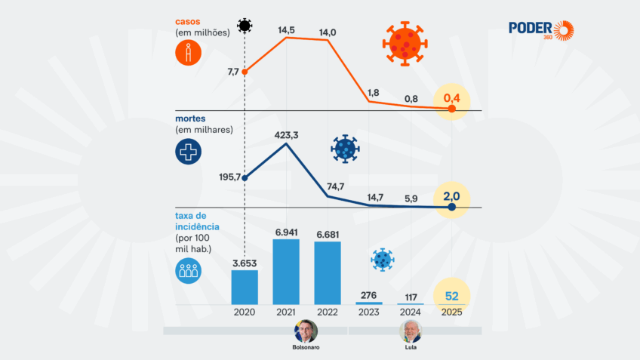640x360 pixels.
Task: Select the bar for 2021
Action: tap(286, 272)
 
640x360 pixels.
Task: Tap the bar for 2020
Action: tap(245, 287)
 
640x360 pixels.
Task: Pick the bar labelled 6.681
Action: tap(328, 273)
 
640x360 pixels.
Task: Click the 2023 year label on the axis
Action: tap(369, 312)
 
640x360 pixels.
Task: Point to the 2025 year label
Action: tap(451, 312)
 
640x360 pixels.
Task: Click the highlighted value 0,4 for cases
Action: tap(451, 98)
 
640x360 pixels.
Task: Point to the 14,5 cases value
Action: tap(286, 29)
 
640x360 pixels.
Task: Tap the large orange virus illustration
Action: tap(405, 44)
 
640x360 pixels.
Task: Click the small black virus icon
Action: tap(245, 26)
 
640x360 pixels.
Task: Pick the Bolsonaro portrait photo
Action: tap(306, 331)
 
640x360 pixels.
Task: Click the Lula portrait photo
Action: tap(411, 331)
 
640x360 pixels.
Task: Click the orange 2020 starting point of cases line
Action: tap(245, 72)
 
